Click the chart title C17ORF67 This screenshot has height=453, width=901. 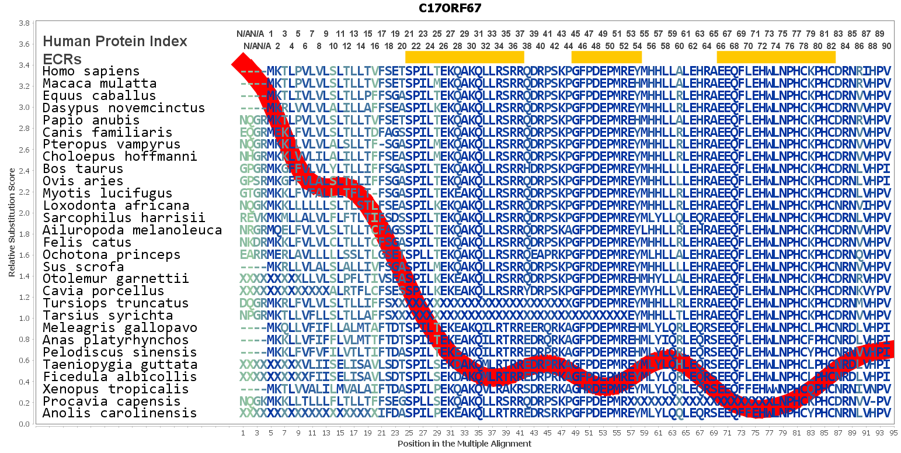pos(450,8)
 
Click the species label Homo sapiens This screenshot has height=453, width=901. pos(91,71)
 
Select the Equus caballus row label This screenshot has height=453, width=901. pos(99,95)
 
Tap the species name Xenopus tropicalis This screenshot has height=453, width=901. pos(116,389)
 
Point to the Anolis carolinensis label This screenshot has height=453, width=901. pos(120,413)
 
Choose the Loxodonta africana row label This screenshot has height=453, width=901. pos(116,205)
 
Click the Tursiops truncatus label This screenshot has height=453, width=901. pos(116,303)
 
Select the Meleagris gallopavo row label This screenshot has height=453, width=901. pos(120,327)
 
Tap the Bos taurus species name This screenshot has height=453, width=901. pos(83,169)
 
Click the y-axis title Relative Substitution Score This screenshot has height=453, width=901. pos(12,222)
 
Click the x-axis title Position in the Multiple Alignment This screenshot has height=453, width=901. pos(464,444)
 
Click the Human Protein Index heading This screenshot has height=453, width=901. pos(115,42)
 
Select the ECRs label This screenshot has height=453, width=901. pos(62,59)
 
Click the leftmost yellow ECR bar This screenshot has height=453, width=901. pos(464,57)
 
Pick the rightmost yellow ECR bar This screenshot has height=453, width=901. pos(776,57)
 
